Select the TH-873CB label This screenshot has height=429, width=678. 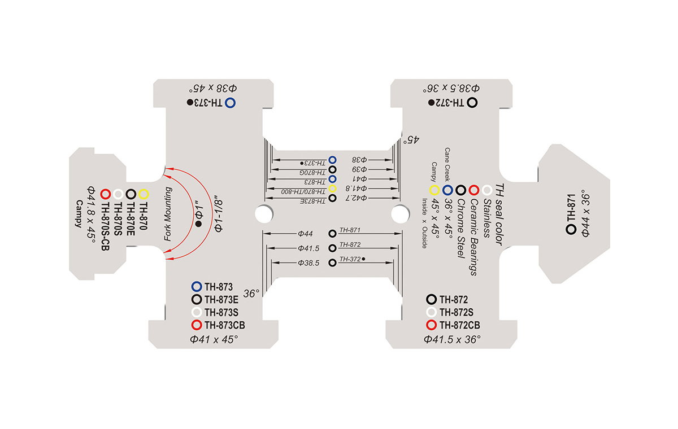225,325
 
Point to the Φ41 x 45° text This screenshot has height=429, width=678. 214,339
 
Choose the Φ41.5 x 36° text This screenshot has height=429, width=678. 452,339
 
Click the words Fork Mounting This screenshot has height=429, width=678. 168,214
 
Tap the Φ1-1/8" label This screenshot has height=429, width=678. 218,216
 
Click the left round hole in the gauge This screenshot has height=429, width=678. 264,214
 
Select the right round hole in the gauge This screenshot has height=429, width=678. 400,214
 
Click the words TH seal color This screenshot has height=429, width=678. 499,214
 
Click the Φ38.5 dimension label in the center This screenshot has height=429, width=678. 308,263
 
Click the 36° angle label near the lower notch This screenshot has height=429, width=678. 251,294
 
